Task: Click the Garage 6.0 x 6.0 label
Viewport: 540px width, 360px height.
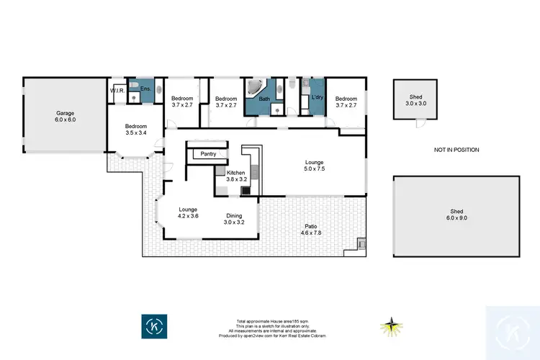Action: (66, 117)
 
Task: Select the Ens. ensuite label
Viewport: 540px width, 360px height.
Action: (145, 89)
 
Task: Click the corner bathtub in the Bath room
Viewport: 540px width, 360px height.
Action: (254, 89)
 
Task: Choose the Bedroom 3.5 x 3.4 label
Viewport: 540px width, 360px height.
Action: (136, 128)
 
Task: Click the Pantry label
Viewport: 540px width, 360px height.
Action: (209, 153)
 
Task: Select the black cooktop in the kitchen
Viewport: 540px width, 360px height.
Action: (246, 191)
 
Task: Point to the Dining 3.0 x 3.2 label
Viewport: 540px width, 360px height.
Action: (234, 219)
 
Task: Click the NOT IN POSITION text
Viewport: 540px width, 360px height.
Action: (456, 150)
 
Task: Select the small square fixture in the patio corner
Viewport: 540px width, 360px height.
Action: (361, 243)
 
